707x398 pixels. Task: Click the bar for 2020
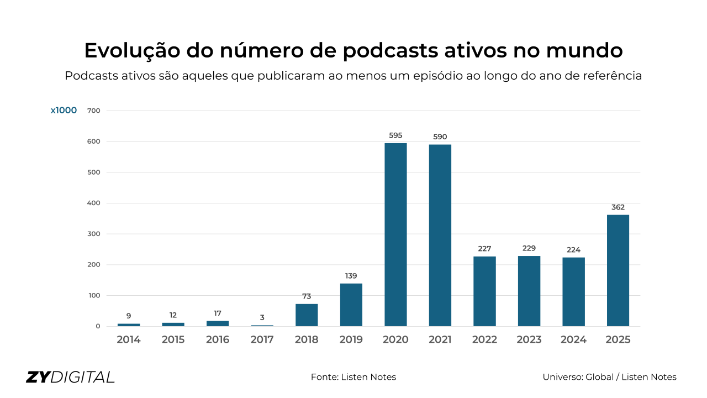tap(395, 234)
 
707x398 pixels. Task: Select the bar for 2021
tap(440, 235)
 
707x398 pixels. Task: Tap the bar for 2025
tap(618, 270)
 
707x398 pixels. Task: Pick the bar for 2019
tap(351, 305)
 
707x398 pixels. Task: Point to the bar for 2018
tap(307, 315)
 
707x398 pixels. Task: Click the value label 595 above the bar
tap(395, 135)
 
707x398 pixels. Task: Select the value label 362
tap(618, 207)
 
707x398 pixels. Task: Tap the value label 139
tap(351, 276)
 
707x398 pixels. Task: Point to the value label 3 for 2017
tap(262, 318)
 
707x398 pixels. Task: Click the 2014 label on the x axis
tap(129, 339)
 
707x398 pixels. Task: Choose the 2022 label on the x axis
tap(484, 339)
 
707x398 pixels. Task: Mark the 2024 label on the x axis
tap(573, 339)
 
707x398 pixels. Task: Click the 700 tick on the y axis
tap(94, 111)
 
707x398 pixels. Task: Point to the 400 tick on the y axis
tap(94, 203)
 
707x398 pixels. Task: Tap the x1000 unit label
tap(64, 111)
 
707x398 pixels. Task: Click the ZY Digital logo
tap(70, 377)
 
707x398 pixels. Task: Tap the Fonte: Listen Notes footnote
tap(353, 377)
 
